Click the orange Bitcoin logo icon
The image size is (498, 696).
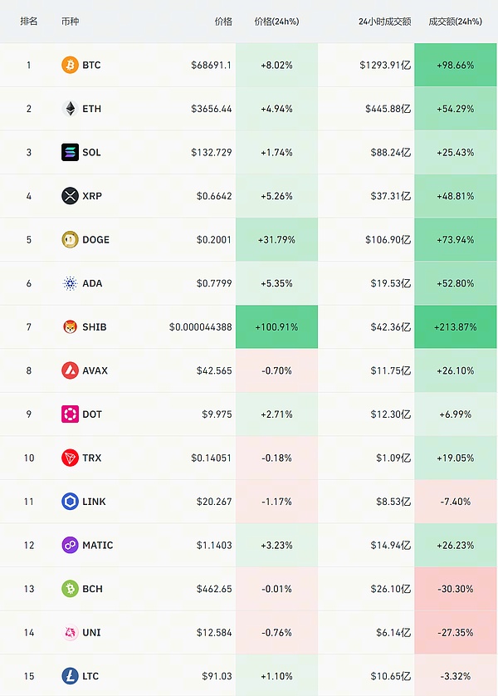tap(71, 65)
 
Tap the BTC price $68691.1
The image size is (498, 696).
tap(211, 65)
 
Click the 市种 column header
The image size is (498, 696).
tap(71, 21)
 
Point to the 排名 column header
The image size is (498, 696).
tap(29, 21)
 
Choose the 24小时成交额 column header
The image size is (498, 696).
tap(384, 21)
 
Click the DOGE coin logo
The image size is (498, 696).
tap(71, 240)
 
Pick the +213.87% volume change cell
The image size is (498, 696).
tap(455, 327)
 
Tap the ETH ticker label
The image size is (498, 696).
tap(91, 109)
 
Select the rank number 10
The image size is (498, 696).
tap(29, 458)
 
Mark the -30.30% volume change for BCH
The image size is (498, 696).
tap(455, 589)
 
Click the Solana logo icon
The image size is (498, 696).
tap(71, 153)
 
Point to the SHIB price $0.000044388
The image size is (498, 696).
tap(201, 327)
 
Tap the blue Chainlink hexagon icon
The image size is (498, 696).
tap(71, 502)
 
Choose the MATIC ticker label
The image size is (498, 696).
tap(98, 546)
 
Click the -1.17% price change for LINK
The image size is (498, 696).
tap(276, 502)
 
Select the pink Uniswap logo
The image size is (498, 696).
tap(71, 633)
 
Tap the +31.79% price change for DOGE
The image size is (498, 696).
tap(276, 240)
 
